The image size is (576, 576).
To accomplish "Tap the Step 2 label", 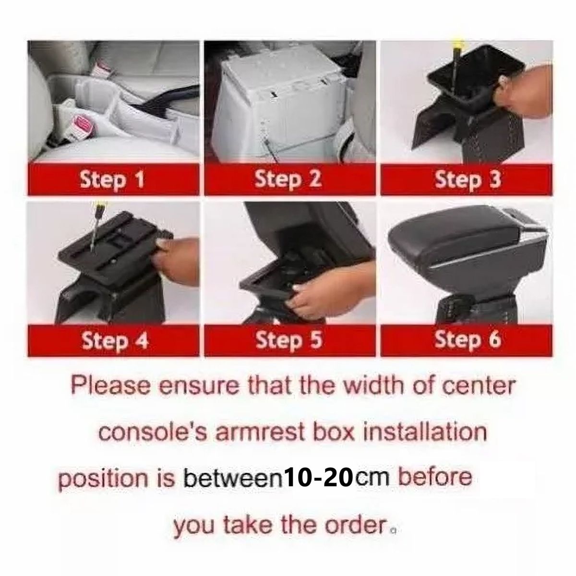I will click(288, 180).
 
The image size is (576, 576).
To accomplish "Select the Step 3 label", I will click(468, 180).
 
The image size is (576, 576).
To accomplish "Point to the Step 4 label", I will click(114, 341).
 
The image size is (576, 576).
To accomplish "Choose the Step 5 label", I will click(288, 341).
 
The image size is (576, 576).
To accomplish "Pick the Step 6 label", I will click(468, 341).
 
